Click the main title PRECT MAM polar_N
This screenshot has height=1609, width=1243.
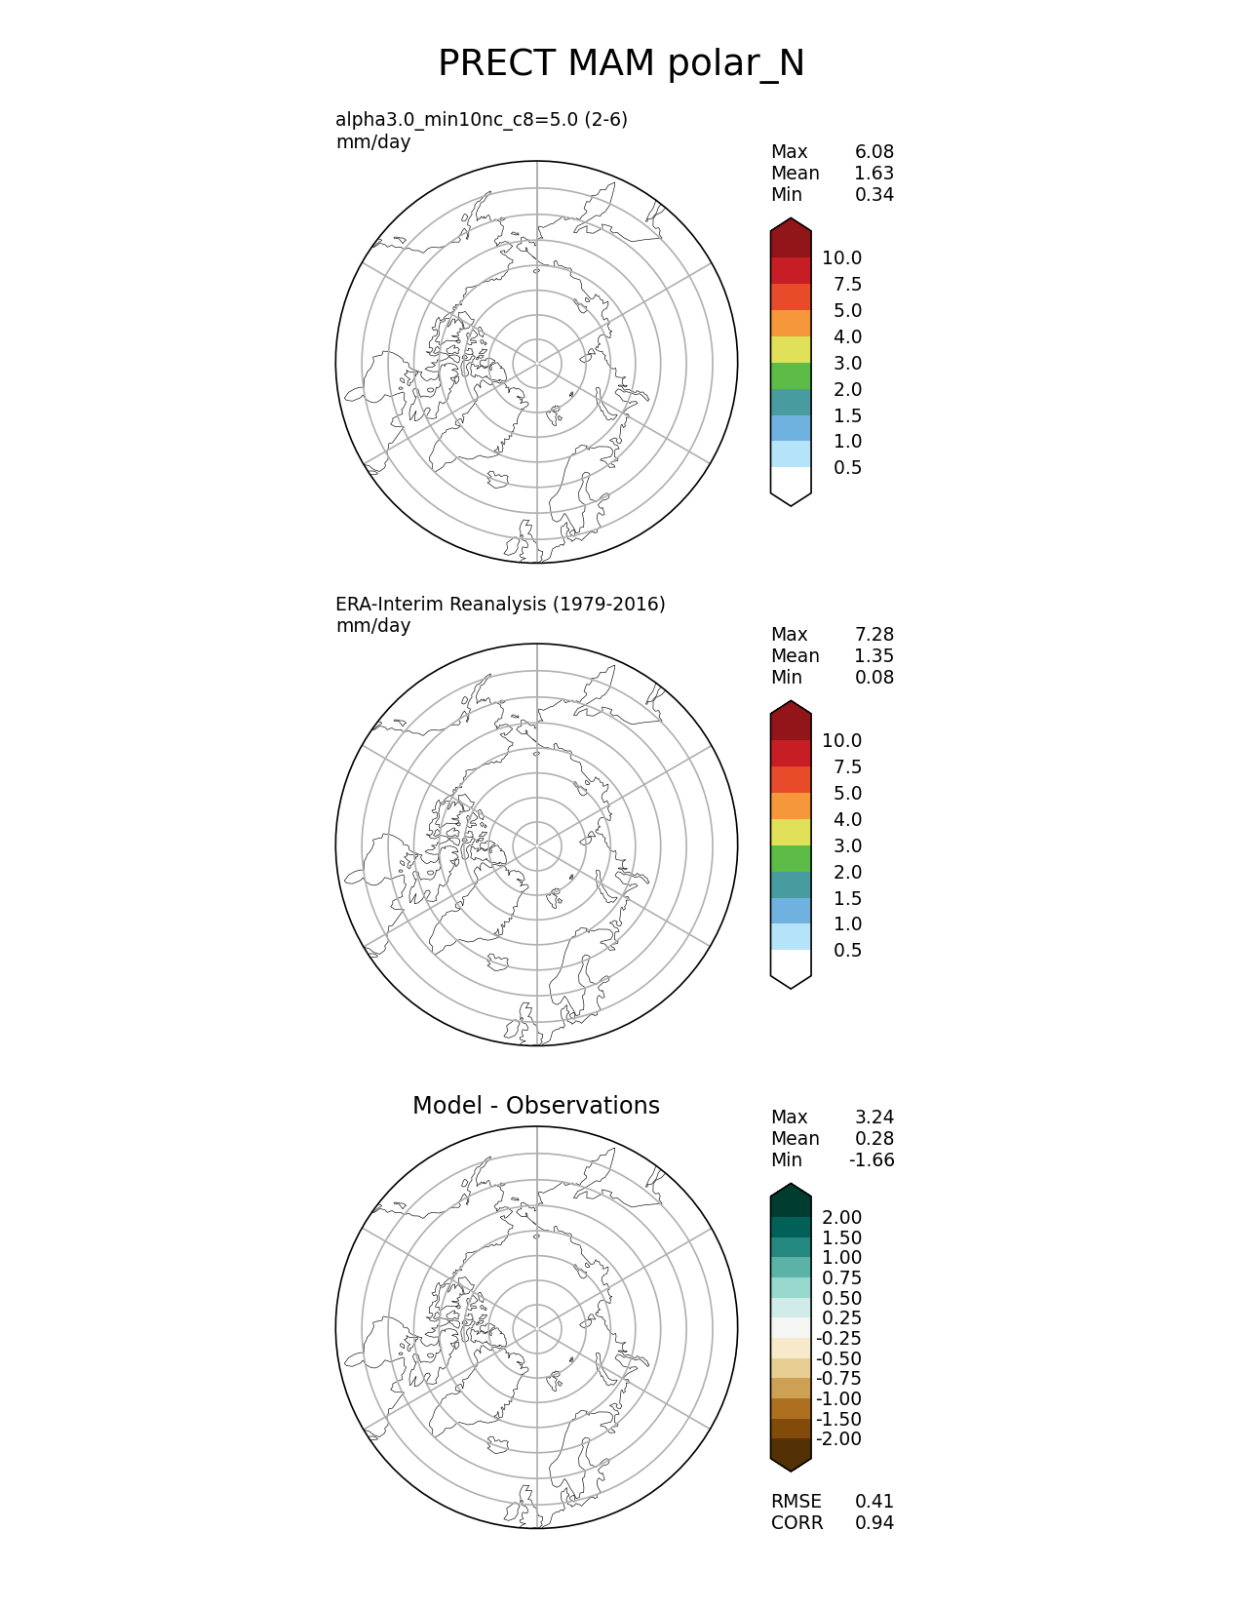coord(621,64)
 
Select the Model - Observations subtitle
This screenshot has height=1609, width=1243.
coord(535,1106)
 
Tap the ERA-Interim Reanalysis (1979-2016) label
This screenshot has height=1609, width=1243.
coord(500,605)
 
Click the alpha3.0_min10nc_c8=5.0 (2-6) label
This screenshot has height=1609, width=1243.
coord(482,120)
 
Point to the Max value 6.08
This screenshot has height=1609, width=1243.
coord(874,152)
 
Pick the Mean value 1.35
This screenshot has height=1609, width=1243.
coord(874,656)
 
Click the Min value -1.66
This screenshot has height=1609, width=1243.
coord(871,1160)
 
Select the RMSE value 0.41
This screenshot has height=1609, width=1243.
coord(874,1502)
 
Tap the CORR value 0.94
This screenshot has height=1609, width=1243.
coord(874,1523)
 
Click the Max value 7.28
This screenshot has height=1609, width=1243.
coord(874,635)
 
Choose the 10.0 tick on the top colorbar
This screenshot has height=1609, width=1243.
coord(841,258)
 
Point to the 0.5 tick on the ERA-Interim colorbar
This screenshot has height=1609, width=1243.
coord(847,951)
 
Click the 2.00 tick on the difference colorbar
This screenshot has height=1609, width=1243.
coord(841,1218)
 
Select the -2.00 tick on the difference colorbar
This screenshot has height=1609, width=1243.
coord(838,1439)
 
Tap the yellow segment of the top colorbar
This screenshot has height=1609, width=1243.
coord(791,350)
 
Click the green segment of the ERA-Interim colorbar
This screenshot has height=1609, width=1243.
coord(791,859)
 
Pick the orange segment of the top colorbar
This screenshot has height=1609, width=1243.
coord(791,324)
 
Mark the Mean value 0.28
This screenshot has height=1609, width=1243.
coord(874,1139)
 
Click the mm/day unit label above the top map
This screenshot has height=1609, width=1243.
coord(373,142)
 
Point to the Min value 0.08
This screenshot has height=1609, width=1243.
coord(874,678)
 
